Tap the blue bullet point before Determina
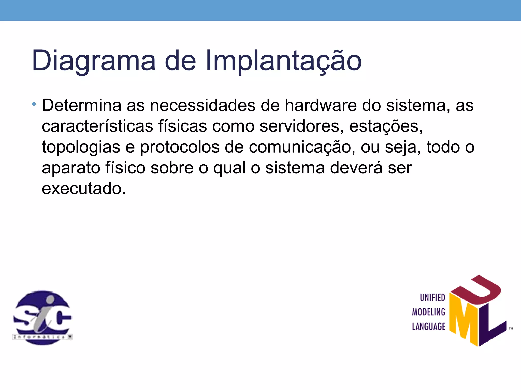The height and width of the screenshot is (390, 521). coord(34,104)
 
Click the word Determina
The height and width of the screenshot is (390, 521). coord(81,105)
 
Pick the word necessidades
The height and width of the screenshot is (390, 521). coord(202,105)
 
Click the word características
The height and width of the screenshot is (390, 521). coord(97,126)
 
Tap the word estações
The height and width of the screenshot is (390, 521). coord(386,126)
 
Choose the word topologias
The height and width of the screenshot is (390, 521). coord(81,147)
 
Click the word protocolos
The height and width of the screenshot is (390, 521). coord(180,147)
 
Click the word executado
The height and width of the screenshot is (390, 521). coord(84,189)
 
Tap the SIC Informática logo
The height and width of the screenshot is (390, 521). coord(42,317)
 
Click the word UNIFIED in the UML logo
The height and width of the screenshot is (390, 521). coord(432,298)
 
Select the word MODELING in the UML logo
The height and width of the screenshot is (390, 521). coord(429,312)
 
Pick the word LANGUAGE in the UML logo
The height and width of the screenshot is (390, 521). coord(429,327)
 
